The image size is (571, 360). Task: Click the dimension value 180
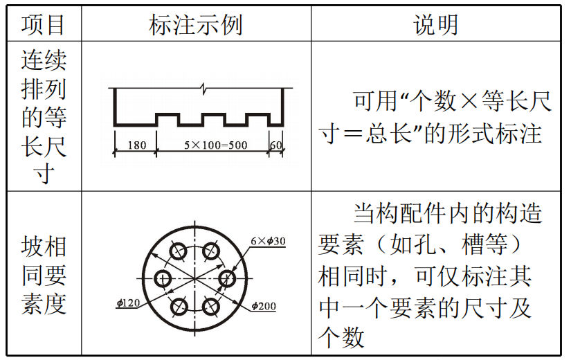pyautogui.click(x=137, y=146)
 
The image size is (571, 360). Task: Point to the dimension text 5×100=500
pyautogui.click(x=215, y=146)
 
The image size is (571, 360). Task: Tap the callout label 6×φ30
pyautogui.click(x=268, y=241)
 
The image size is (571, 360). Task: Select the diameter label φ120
pyautogui.click(x=129, y=303)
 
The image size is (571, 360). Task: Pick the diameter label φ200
pyautogui.click(x=264, y=305)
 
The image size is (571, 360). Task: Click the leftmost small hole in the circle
pyautogui.click(x=163, y=278)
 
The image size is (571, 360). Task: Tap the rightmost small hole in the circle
pyautogui.click(x=228, y=278)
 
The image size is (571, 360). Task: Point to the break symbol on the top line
pyautogui.click(x=203, y=88)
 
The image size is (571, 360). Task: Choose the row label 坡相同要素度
pyautogui.click(x=43, y=276)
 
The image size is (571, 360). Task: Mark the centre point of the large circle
pyautogui.click(x=196, y=278)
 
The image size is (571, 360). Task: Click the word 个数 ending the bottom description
pyautogui.click(x=341, y=337)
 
